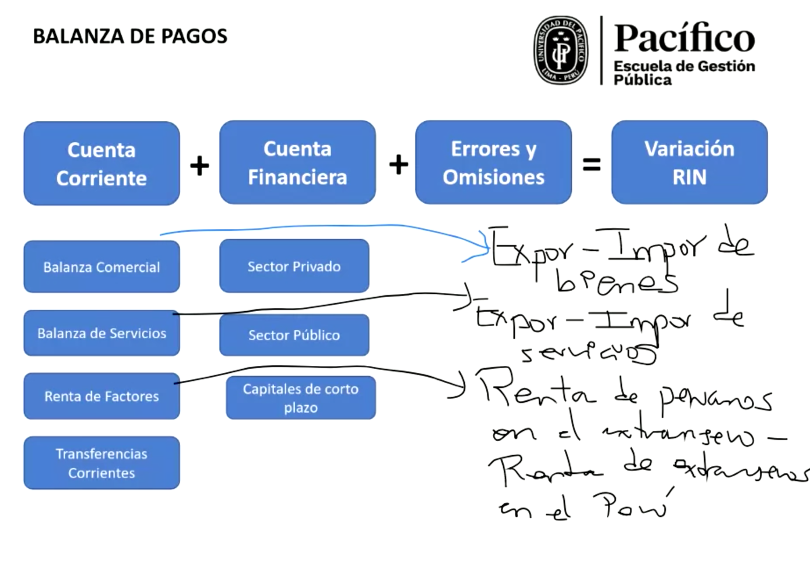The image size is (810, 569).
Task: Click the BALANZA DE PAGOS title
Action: point(130,36)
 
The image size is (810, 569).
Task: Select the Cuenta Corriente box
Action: point(101,163)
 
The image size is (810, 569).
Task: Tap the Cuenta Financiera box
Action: point(297,162)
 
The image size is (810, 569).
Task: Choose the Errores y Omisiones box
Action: point(493,162)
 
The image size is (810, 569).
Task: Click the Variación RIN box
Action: point(689,162)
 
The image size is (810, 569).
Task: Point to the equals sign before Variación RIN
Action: point(591,165)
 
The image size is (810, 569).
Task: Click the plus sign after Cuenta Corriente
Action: point(199,166)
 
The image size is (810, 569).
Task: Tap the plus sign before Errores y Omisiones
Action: point(398,165)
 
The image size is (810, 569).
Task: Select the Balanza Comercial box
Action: point(101,266)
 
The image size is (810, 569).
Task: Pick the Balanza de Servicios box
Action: point(101,333)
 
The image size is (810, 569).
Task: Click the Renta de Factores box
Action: point(101,396)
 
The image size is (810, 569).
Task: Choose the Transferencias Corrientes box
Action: point(101,463)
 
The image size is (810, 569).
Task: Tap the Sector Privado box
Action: point(294,266)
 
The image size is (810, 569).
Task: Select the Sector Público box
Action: point(294,335)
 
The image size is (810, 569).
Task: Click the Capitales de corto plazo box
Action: point(301,398)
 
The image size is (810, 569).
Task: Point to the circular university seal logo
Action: point(560,50)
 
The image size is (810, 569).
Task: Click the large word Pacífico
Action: point(684,39)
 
